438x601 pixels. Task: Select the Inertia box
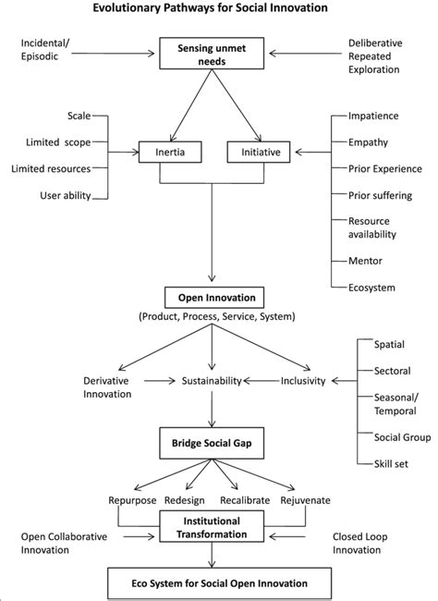169,151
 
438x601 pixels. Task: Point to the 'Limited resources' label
51,168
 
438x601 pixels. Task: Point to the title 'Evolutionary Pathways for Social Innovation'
218,10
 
